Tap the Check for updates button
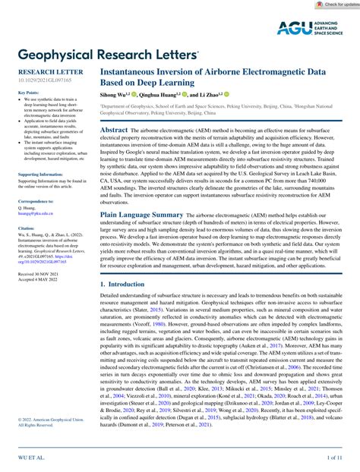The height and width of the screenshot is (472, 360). [x=334, y=5]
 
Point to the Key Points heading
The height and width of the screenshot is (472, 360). [x=28, y=93]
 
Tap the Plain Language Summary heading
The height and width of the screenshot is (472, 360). [x=142, y=216]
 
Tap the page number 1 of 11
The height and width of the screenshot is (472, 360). [x=335, y=459]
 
